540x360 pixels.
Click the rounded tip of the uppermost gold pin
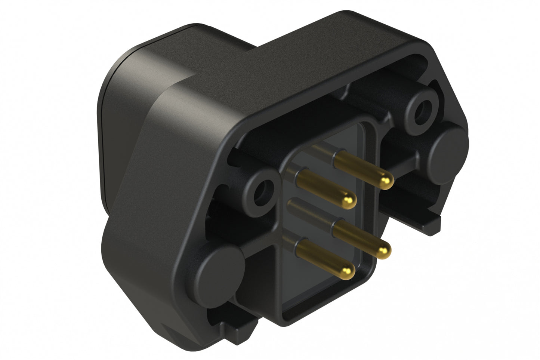pos(386,182)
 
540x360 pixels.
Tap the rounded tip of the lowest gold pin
pos(348,268)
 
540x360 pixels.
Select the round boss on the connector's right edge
pos(447,148)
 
